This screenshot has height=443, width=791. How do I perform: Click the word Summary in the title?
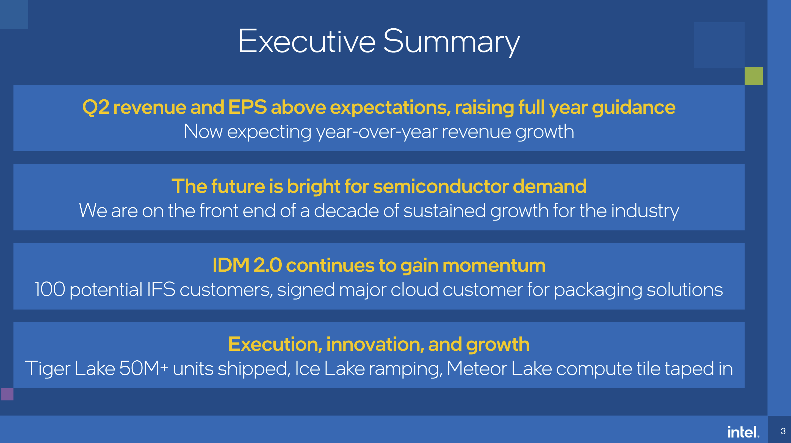click(451, 43)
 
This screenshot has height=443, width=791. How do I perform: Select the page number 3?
click(783, 431)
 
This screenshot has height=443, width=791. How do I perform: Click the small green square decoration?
click(754, 76)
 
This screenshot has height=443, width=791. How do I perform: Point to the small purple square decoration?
click(7, 394)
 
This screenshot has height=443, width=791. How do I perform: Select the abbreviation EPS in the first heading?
click(247, 107)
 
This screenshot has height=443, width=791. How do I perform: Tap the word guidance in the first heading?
click(634, 108)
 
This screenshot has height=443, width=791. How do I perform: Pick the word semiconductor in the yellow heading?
click(441, 186)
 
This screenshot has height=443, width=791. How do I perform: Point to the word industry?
click(645, 212)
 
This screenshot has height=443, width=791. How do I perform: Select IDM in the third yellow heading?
click(231, 265)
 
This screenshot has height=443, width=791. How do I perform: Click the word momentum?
click(494, 265)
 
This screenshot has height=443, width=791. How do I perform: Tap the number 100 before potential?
click(50, 289)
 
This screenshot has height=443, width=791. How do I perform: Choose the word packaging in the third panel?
click(598, 291)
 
